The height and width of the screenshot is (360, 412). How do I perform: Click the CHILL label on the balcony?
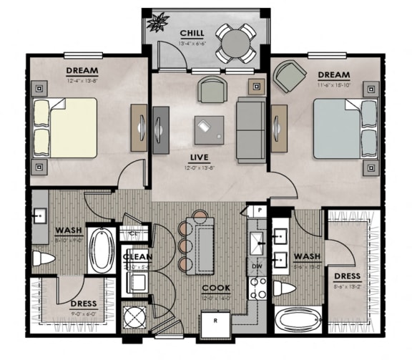coord(192,33)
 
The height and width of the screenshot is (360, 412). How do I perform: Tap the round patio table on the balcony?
coord(236,44)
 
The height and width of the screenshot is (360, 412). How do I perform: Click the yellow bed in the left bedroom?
coord(65,127)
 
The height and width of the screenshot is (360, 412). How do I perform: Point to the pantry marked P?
coord(256,211)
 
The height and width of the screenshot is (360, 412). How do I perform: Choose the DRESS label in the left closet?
coord(84,303)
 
